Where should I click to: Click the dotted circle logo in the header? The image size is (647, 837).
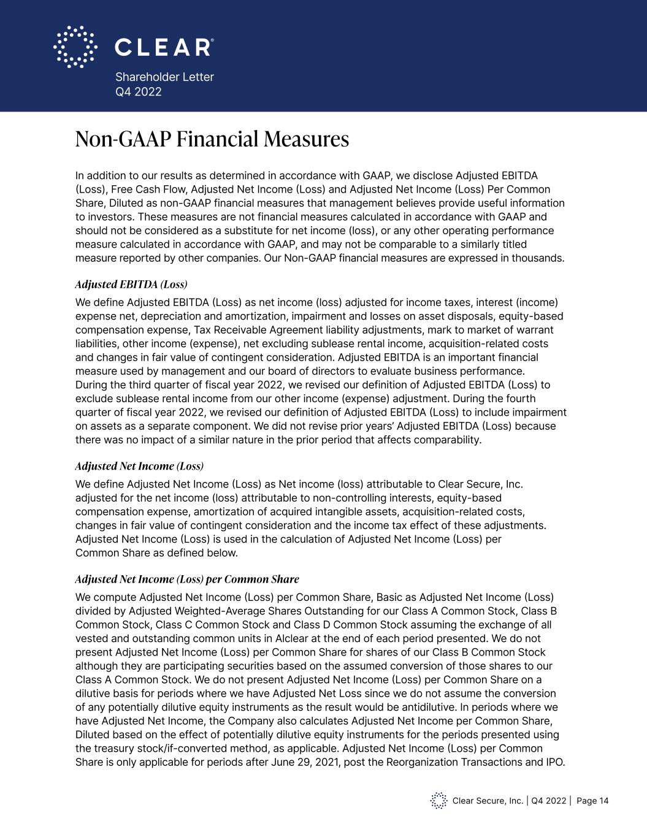(75, 47)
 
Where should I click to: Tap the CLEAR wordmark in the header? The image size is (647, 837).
(164, 47)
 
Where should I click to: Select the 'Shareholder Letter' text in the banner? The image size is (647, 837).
(164, 77)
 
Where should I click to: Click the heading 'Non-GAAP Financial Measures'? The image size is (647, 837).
(212, 139)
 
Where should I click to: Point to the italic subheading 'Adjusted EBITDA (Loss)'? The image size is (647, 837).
(131, 285)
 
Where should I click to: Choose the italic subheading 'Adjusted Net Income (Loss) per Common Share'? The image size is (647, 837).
(187, 579)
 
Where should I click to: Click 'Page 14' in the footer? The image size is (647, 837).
(592, 800)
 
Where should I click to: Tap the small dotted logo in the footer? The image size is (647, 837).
(438, 800)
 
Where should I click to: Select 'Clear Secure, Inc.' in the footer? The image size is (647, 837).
(488, 800)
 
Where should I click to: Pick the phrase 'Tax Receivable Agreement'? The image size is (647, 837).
(244, 330)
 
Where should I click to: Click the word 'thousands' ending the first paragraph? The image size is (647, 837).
(537, 258)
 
